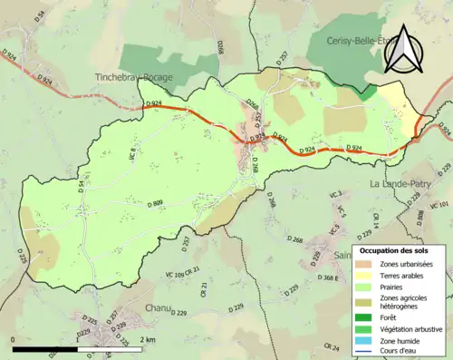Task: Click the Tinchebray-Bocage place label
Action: pos(133,78)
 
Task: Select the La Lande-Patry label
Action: pos(401,184)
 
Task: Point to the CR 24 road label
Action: pos(333,347)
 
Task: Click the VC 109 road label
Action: pos(178,272)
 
